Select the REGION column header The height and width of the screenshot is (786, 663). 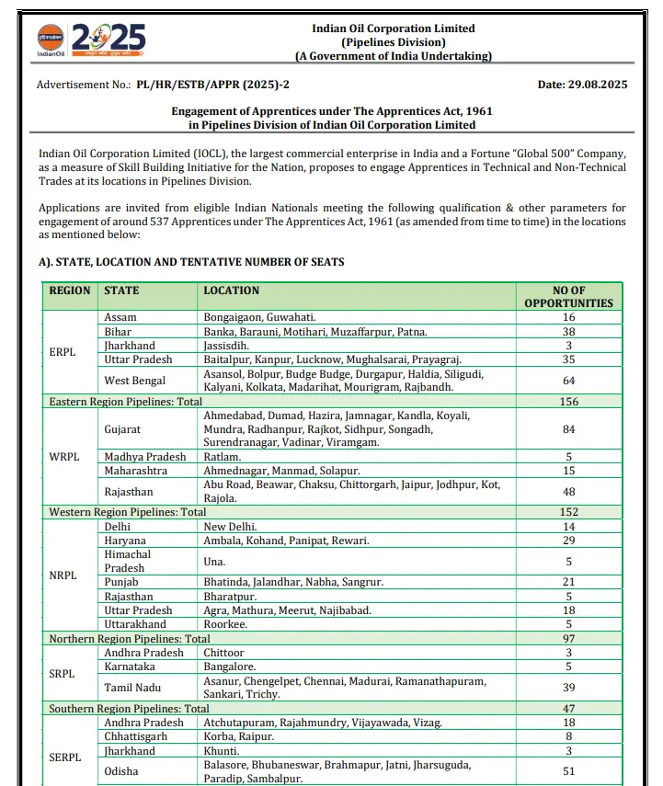70,290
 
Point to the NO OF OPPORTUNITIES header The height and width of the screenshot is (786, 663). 568,297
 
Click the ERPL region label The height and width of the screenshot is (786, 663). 63,352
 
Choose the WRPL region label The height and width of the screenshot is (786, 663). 64,457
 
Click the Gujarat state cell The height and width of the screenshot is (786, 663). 123,429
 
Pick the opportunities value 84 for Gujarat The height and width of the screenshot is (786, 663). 568,429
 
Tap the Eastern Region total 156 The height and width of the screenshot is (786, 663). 568,402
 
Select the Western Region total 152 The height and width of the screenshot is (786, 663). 568,512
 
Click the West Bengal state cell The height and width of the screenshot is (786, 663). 136,381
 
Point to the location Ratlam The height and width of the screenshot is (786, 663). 223,457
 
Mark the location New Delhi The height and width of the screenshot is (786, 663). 228,527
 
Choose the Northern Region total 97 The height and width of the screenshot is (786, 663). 568,639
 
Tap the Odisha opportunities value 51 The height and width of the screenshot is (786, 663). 568,772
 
